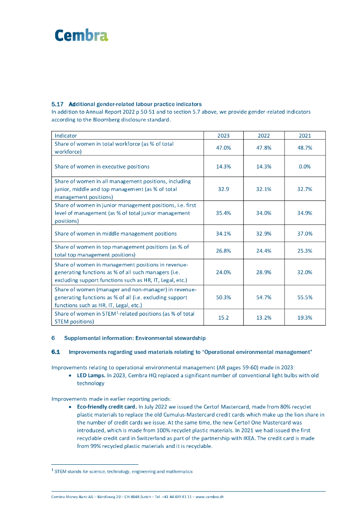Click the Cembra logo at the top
click(81, 35)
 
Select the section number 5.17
click(58, 104)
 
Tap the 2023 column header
click(223, 135)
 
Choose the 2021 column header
click(305, 135)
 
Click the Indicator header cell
click(66, 135)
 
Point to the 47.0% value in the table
click(223, 148)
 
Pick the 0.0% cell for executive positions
click(305, 167)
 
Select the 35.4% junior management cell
click(223, 213)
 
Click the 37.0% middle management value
click(305, 233)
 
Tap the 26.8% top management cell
click(223, 251)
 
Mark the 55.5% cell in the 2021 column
click(305, 297)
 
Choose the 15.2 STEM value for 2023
click(223, 317)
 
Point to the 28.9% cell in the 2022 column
click(264, 272)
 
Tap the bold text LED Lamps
click(90, 375)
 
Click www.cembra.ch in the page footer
click(209, 496)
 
